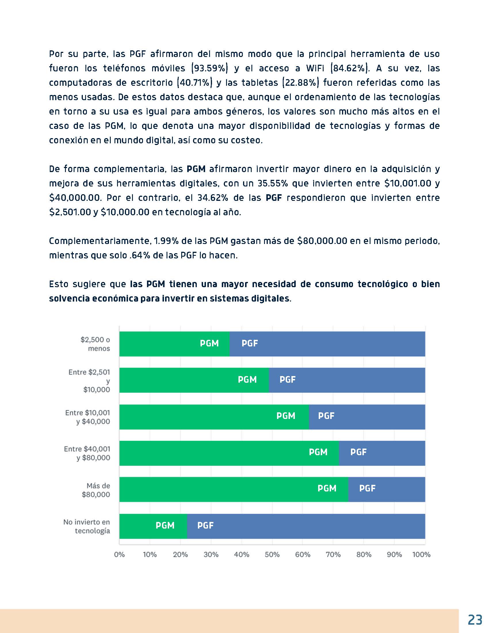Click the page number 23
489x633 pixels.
point(475,620)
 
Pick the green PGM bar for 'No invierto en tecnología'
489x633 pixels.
point(136,526)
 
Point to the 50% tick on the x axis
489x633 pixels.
point(272,554)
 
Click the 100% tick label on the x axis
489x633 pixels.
point(421,554)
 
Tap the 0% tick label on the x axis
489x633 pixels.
point(119,554)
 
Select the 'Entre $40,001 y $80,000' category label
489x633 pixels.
point(87,453)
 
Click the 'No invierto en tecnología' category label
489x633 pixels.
point(87,526)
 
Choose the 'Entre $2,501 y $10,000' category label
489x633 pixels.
point(89,381)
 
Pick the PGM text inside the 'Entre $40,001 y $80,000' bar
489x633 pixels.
point(318,452)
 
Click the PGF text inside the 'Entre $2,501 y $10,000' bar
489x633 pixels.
point(287,380)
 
